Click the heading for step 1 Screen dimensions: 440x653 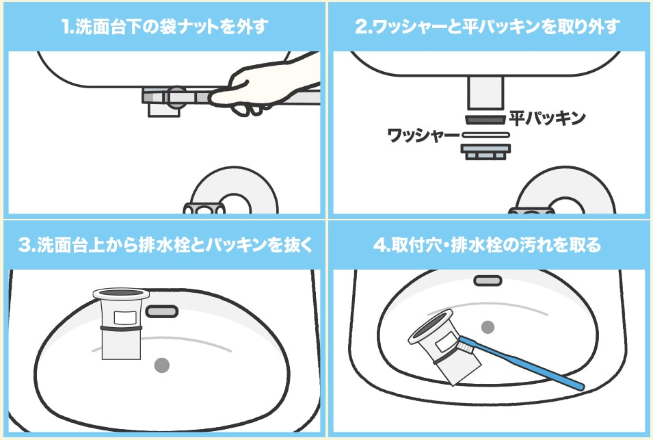pyautogui.click(x=164, y=27)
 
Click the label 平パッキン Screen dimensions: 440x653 pyautogui.click(x=547, y=118)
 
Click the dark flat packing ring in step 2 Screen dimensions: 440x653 pyautogui.click(x=485, y=119)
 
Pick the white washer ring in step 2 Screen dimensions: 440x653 pyautogui.click(x=485, y=135)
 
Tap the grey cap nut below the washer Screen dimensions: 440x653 pyautogui.click(x=485, y=151)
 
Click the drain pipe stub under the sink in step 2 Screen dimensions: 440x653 pyautogui.click(x=485, y=92)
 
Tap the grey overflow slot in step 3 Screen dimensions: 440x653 pyautogui.click(x=162, y=311)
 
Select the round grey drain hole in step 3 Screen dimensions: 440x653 pyautogui.click(x=162, y=365)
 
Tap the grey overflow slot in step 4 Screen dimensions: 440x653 pyautogui.click(x=488, y=281)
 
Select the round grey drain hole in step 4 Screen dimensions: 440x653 pyautogui.click(x=488, y=326)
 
